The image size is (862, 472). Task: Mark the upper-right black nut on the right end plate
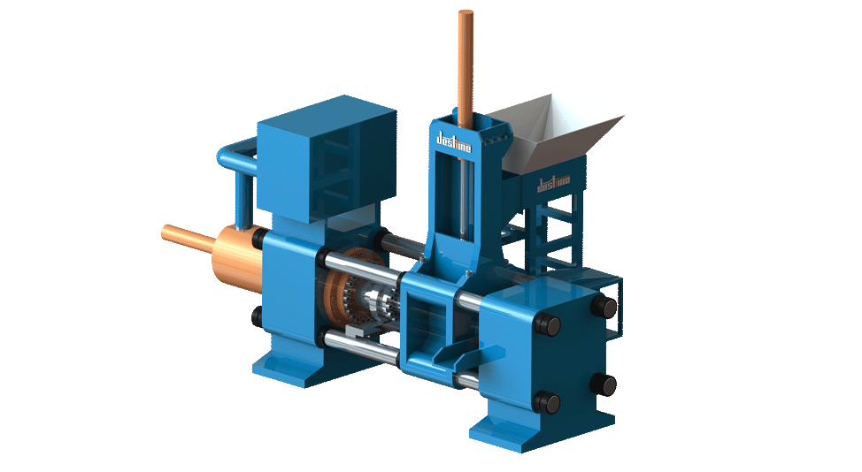pyautogui.click(x=605, y=306)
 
